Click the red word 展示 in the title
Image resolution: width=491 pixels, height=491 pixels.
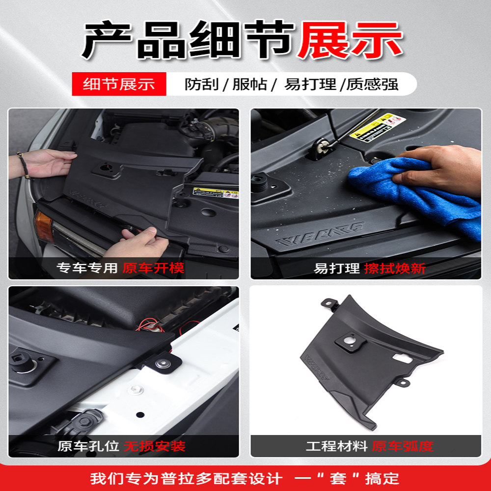tap(350, 40)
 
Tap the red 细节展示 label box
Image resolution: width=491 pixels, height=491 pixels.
tap(119, 84)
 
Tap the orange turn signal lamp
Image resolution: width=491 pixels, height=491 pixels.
tap(43, 226)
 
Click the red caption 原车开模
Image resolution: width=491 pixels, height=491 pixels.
tap(153, 268)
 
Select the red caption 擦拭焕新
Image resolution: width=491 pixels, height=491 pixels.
tap(395, 269)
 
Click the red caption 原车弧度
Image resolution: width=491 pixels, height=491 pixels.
tap(403, 446)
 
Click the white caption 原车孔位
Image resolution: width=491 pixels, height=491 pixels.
tap(88, 446)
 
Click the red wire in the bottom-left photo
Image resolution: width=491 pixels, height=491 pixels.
tap(147, 324)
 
